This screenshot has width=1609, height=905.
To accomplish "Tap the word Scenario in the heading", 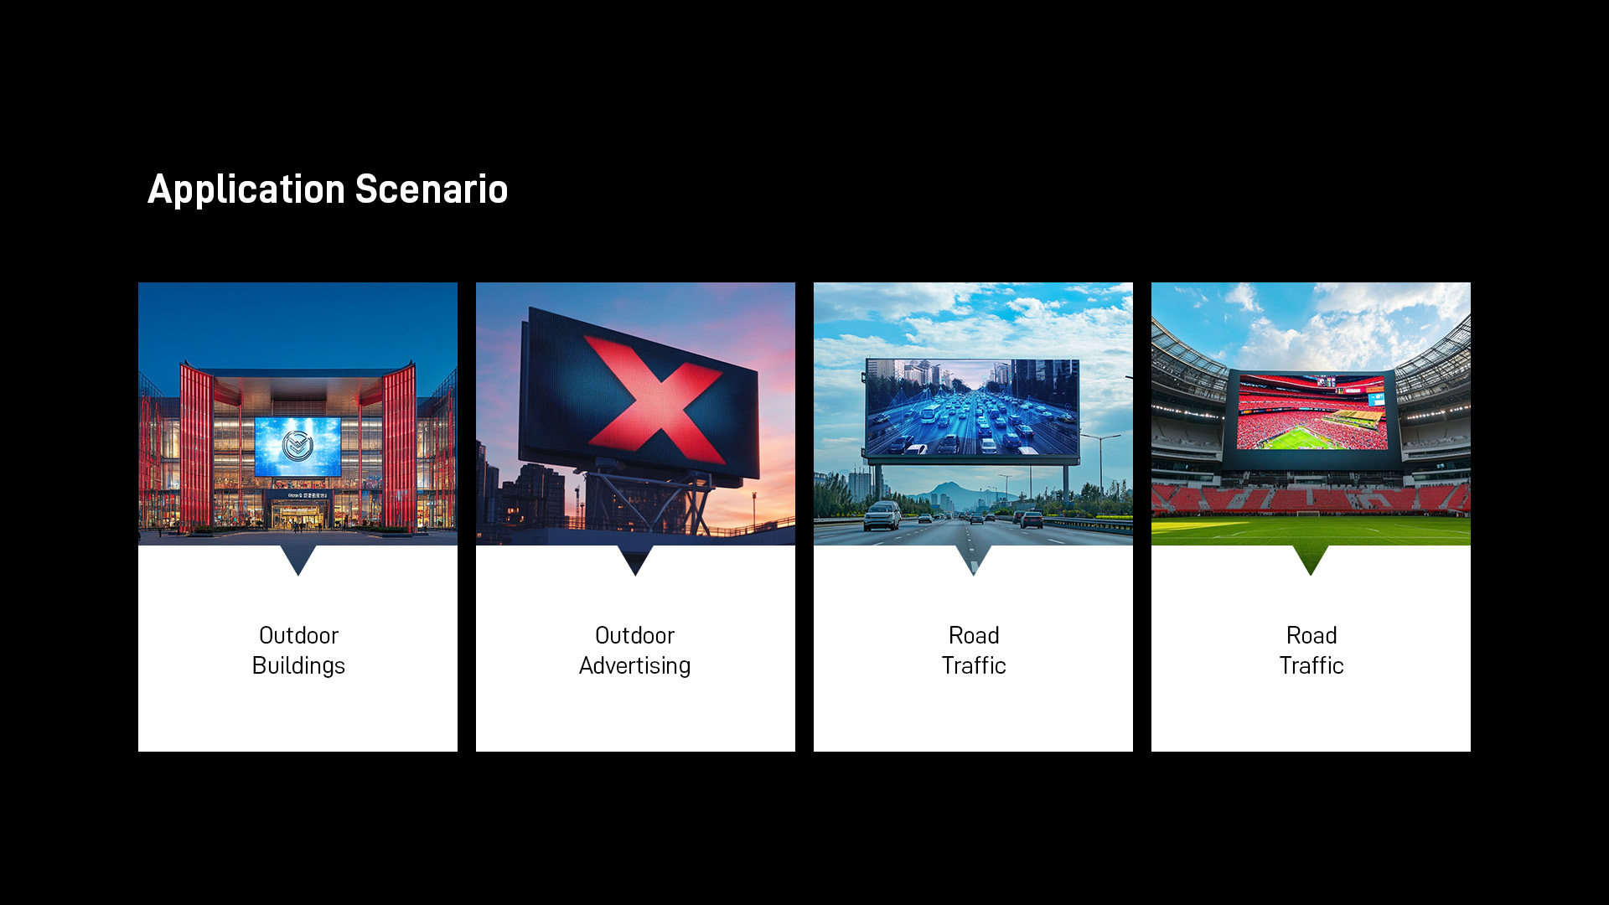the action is point(432,189).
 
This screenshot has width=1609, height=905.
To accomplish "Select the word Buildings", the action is point(298,666).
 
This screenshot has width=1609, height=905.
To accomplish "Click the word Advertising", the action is point(635,666).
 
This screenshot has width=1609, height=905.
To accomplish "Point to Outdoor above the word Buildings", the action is point(298,635).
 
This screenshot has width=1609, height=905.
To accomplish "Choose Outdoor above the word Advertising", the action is point(635,635).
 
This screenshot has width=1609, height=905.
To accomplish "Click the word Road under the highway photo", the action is point(974,635).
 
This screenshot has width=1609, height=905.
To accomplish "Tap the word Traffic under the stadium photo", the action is point(1312,665).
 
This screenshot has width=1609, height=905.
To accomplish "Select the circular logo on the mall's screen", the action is point(297,446).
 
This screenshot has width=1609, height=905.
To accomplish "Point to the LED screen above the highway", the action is point(972,408).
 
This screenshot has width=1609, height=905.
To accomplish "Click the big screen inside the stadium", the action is point(1312,412).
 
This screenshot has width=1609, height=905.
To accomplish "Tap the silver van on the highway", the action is point(882,515).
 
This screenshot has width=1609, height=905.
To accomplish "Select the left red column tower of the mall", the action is point(197,448).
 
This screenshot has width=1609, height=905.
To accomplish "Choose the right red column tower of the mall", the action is point(399,448).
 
